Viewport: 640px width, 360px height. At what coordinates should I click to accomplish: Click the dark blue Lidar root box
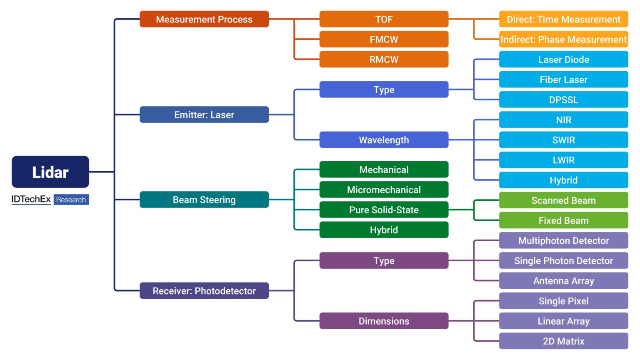coord(50,172)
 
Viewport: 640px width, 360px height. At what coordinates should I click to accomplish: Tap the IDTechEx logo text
coord(31,199)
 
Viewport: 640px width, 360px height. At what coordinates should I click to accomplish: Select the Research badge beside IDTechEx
coord(71,200)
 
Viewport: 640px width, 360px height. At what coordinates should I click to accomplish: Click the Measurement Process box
coord(204,19)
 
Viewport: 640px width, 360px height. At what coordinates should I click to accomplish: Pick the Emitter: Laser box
coord(204,115)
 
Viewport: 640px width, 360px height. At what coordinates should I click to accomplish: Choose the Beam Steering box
coord(204,200)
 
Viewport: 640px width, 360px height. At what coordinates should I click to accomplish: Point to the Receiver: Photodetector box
coord(204,291)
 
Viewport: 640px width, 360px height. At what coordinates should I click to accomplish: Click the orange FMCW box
coord(383,39)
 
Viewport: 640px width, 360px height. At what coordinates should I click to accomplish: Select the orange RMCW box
coord(383,60)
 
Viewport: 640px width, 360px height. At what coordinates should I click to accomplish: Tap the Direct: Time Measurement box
coord(563,19)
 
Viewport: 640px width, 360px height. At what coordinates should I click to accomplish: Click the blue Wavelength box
coord(383,140)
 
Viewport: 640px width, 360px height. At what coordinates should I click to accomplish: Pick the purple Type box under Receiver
coord(383,261)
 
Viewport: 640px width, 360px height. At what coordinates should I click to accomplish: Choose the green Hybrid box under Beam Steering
coord(383,230)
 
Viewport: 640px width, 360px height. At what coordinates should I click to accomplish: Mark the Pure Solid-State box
coord(383,210)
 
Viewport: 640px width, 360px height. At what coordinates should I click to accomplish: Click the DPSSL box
coord(563,100)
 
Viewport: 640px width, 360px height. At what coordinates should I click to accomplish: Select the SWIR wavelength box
coord(563,140)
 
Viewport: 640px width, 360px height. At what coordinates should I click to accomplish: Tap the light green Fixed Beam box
coord(563,220)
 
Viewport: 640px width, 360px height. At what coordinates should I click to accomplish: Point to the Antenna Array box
coord(563,281)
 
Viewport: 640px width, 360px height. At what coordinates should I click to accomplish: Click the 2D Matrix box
coord(563,341)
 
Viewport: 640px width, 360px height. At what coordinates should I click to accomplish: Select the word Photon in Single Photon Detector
coord(559,261)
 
